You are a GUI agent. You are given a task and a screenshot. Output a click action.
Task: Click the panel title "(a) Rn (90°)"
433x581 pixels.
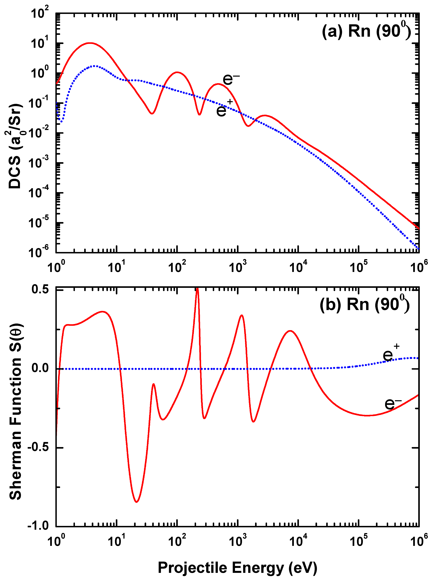366,31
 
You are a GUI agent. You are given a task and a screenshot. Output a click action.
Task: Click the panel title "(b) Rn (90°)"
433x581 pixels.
364,305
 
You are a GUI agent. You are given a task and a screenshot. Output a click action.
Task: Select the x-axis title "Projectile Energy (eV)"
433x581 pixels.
238,567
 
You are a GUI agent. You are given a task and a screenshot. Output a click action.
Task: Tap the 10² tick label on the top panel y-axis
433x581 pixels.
39,13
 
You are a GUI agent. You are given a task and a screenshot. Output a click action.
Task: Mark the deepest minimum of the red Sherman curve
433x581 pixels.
136,502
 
